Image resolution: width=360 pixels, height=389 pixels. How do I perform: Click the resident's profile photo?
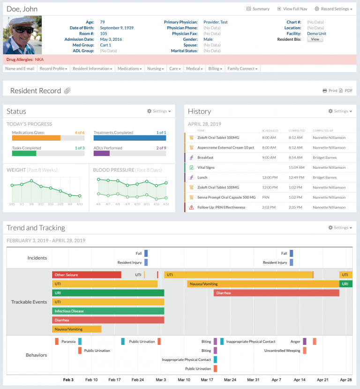22,35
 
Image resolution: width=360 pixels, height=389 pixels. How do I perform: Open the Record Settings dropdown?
334,9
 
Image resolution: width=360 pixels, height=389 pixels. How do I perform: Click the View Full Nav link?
292,9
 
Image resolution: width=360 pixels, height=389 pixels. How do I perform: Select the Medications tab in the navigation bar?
129,68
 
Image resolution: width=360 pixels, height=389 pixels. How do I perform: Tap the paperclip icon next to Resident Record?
67,91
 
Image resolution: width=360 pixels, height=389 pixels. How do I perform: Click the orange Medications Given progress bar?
36,138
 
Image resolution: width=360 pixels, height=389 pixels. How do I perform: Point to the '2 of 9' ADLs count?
161,148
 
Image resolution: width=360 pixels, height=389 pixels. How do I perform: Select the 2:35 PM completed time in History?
295,207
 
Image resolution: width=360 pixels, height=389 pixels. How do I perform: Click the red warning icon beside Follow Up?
191,207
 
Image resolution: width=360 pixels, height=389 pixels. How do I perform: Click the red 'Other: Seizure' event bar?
86,275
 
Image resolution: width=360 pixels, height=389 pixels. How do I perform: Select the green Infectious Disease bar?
108,311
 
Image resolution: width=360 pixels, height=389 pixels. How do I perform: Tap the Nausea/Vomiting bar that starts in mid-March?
263,284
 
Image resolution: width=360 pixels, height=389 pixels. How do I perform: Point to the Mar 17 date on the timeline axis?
207,380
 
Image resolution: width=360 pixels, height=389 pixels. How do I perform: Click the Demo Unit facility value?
316,34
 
